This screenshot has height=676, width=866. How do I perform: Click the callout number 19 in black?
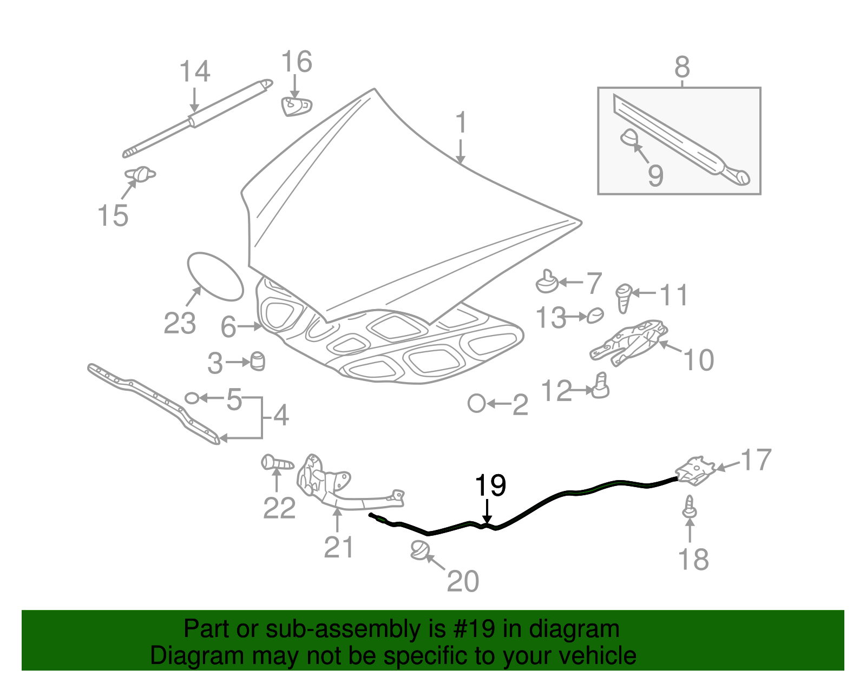click(490, 485)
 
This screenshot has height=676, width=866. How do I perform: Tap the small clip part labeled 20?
click(419, 550)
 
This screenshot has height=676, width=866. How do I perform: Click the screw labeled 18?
click(690, 507)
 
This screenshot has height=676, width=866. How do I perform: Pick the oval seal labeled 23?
click(215, 276)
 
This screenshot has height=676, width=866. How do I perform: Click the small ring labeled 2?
click(477, 403)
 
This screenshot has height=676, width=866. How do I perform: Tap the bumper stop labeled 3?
click(258, 361)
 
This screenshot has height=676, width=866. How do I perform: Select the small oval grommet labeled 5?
click(192, 398)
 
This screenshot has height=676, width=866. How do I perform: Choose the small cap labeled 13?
click(595, 315)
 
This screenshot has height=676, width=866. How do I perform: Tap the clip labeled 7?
click(547, 282)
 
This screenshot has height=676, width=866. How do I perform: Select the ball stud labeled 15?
click(140, 174)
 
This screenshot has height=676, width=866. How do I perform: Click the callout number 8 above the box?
click(682, 68)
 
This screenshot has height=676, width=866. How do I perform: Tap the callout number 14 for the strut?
click(195, 72)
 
